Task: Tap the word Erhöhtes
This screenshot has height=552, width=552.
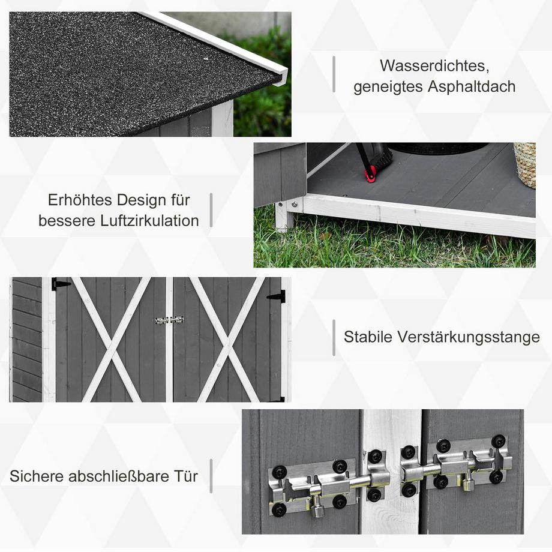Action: point(80,199)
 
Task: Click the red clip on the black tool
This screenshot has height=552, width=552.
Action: point(371,174)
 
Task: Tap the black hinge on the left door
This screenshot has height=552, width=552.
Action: point(61,284)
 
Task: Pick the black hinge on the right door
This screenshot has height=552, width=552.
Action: point(277,296)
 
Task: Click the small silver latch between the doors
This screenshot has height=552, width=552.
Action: point(169,320)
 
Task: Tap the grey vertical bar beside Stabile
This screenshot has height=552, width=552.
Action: point(334,337)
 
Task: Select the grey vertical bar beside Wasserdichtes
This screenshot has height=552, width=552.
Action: point(334,74)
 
